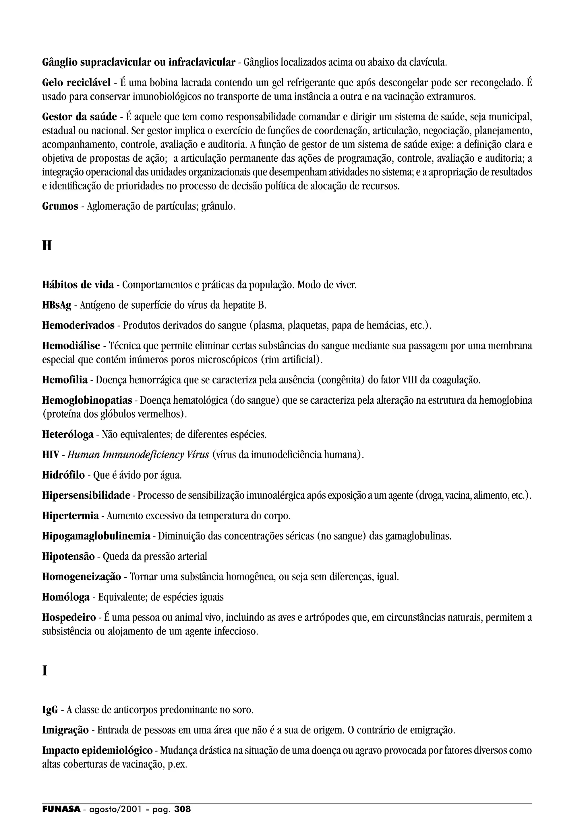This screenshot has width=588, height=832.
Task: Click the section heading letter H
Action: click(x=47, y=246)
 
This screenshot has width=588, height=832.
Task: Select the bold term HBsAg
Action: click(x=57, y=305)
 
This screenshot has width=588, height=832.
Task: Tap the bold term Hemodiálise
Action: click(x=71, y=346)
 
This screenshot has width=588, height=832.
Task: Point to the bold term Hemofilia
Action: click(x=65, y=380)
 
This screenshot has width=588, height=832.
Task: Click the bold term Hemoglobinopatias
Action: click(x=87, y=400)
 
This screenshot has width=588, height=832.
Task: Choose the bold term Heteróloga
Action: click(x=68, y=434)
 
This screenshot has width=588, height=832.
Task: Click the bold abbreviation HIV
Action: click(x=50, y=454)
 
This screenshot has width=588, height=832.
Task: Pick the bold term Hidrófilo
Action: click(x=63, y=475)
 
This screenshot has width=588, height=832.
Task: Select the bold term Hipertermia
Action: click(x=70, y=515)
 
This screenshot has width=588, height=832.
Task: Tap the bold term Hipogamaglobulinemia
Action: click(x=96, y=536)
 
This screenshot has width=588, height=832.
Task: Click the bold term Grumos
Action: click(x=60, y=206)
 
